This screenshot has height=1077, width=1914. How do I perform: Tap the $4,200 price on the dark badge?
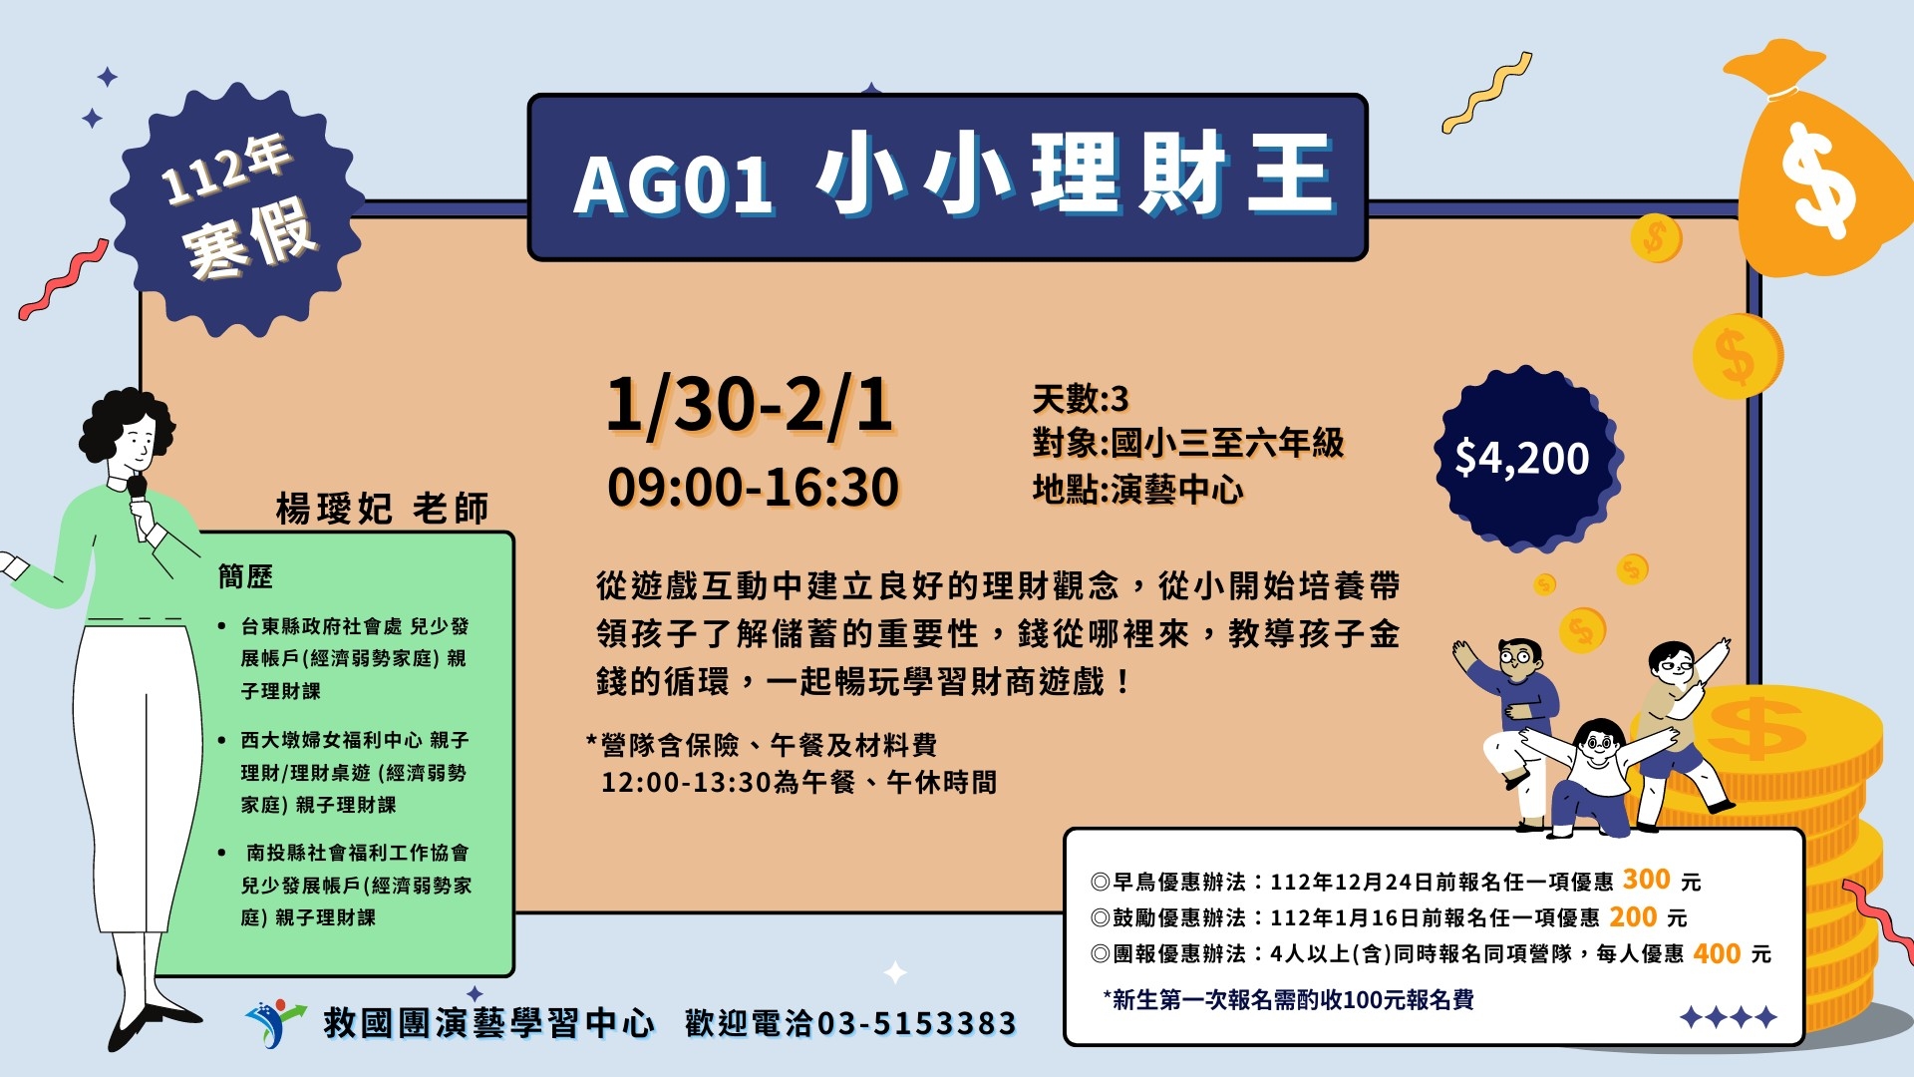coord(1522,458)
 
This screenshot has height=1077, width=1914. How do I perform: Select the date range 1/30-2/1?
coord(750,406)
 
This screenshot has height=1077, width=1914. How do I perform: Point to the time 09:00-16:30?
coord(754,488)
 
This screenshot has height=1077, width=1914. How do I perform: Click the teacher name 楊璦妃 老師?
coord(382,509)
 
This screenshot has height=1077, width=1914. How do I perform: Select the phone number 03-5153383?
coord(916,1023)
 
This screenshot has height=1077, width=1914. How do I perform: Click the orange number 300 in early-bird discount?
coord(1646,880)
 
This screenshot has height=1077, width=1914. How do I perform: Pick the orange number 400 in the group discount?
coord(1717,953)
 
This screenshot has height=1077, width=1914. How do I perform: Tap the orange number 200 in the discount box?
coord(1633,916)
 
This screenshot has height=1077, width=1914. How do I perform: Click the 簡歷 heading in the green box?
coord(245,576)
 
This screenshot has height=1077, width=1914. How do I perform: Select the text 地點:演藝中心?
coord(1137,490)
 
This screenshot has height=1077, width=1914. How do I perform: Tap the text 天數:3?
coord(1081,399)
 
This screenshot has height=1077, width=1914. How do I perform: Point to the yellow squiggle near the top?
coord(1485,93)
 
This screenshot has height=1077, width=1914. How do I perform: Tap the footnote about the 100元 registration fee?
coord(1288,999)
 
